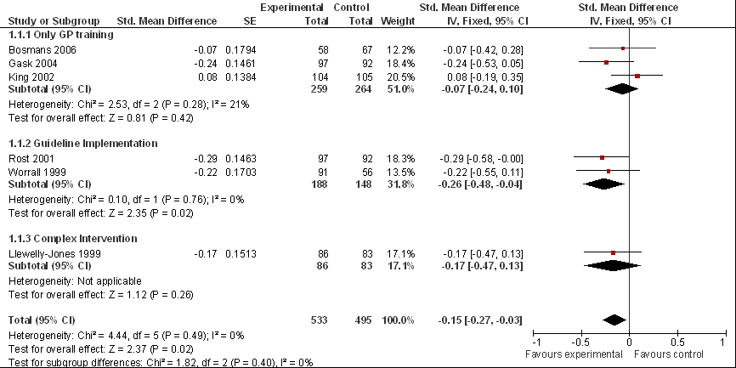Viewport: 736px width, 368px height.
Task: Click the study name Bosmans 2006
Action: (x=42, y=50)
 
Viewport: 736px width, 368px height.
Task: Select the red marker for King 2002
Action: (x=637, y=76)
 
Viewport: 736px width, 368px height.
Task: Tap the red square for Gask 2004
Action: (x=607, y=62)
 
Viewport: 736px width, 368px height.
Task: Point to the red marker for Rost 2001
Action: (x=603, y=158)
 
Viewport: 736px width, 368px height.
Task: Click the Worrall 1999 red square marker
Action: (x=609, y=172)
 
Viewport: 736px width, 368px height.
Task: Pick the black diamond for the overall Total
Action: (x=614, y=320)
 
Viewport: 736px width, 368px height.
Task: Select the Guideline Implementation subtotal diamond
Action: (x=604, y=184)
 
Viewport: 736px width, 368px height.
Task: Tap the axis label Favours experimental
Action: (x=574, y=354)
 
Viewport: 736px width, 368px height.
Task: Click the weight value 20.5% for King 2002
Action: (x=404, y=76)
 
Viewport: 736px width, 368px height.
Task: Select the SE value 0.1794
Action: (x=241, y=50)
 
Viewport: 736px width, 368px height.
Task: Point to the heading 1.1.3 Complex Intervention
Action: (x=73, y=239)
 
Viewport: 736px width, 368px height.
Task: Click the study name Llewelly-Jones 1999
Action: (x=54, y=254)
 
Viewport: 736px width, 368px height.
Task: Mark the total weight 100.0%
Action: (x=398, y=320)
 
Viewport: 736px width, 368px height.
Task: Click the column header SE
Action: (x=250, y=21)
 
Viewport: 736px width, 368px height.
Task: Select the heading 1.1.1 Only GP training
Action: (x=61, y=35)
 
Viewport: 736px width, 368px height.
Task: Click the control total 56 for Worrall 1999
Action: (x=367, y=173)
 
